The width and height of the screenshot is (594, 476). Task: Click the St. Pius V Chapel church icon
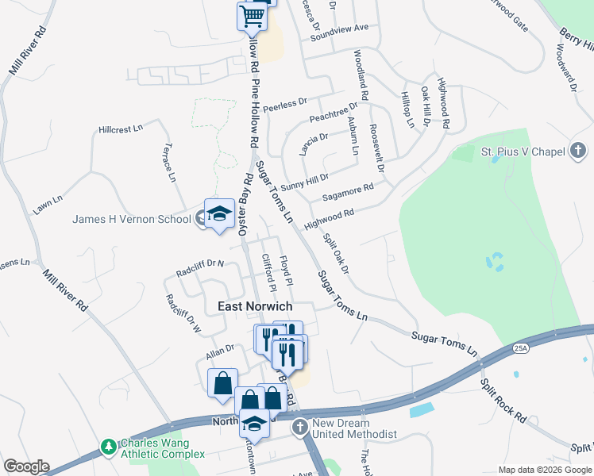(578, 151)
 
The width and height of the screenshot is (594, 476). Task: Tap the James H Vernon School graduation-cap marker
(219, 213)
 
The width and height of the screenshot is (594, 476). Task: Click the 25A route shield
(521, 347)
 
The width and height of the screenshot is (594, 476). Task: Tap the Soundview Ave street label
(340, 28)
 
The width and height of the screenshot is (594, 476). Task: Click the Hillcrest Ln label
(120, 128)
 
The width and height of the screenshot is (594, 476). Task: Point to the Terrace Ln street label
(169, 163)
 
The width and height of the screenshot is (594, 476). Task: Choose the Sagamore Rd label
(348, 193)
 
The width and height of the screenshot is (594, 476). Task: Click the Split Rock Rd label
(503, 396)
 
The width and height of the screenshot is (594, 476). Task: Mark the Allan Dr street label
(219, 347)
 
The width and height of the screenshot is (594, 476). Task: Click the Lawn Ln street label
(47, 205)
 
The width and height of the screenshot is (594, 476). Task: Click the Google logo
(26, 466)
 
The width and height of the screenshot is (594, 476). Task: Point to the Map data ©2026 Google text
(544, 470)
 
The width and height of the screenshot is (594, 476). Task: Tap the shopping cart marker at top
(252, 16)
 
